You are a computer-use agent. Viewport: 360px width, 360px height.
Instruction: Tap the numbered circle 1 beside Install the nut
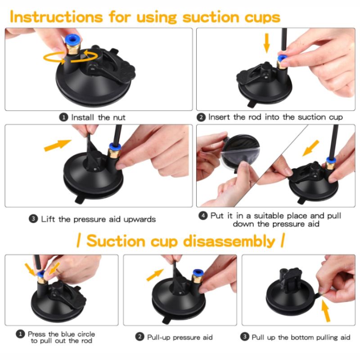64,117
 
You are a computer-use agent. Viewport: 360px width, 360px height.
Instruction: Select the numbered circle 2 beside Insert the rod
202,117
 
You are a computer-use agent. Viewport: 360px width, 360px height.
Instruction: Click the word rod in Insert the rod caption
264,117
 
